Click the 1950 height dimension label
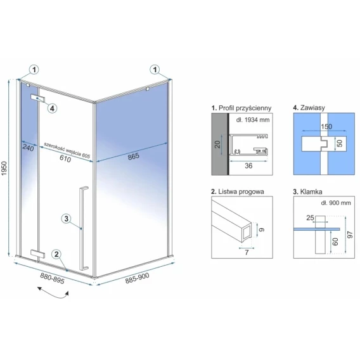pos(4,169)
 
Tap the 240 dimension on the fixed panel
pos(28,148)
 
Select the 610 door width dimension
pos(65,158)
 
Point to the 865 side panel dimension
pos(133,156)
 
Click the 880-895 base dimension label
pos(53,278)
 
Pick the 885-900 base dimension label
pos(137,278)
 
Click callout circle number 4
pos(52,108)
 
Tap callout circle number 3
pos(66,218)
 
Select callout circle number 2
pos(56,254)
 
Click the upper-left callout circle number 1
pos(34,69)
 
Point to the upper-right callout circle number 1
pos(155,69)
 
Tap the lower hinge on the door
pos(37,254)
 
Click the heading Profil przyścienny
pos(241,108)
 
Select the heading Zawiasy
pos(309,108)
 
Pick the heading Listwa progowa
pos(238,191)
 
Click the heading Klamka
pos(307,191)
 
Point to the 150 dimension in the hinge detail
pos(326,127)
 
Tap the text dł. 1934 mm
pos(253,120)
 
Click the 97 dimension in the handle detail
pos(350,235)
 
